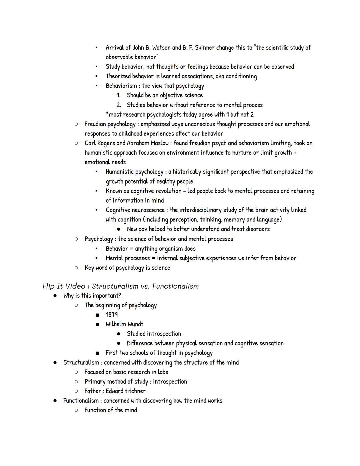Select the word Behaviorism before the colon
click(121, 86)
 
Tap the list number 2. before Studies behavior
click(119, 105)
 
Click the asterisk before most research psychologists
click(107, 114)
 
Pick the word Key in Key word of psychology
click(89, 268)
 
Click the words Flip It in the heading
click(52, 286)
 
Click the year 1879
click(112, 315)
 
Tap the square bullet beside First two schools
click(97, 353)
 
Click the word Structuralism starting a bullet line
click(81, 363)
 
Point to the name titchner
click(135, 391)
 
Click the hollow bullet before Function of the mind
click(76, 410)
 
